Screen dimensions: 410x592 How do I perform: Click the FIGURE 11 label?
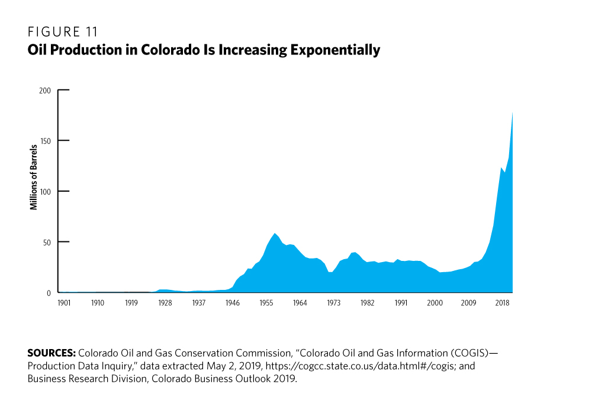click(x=63, y=32)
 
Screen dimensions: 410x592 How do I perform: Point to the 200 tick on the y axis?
click(x=46, y=91)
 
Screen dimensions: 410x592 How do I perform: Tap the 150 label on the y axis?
click(x=46, y=141)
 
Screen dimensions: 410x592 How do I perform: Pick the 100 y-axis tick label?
click(x=46, y=192)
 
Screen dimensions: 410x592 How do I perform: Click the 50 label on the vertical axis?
click(x=47, y=242)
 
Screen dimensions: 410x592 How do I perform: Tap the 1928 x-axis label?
click(x=165, y=302)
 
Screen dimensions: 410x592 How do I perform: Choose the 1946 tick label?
click(x=233, y=302)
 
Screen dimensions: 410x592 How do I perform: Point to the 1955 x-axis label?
click(x=266, y=302)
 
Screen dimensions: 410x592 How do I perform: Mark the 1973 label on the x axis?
click(x=334, y=302)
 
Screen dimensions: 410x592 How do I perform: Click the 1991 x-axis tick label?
click(x=401, y=302)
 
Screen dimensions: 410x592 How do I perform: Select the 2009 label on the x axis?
click(x=469, y=302)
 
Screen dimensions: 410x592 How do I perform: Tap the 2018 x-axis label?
click(x=503, y=302)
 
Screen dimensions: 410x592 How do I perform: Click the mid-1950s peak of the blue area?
click(x=275, y=234)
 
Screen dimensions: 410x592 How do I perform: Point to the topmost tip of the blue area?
click(x=512, y=112)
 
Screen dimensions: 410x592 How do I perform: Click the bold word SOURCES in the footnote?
click(x=51, y=353)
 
